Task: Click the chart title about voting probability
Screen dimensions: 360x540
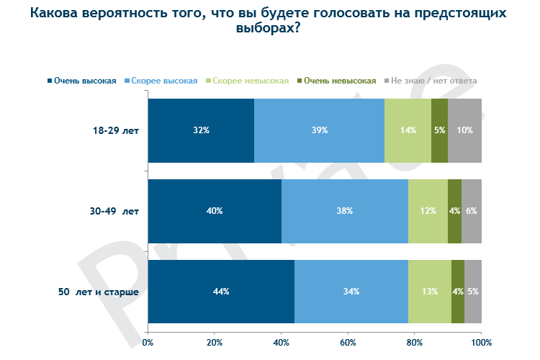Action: [x=270, y=21]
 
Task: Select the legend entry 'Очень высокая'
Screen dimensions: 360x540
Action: [x=82, y=81]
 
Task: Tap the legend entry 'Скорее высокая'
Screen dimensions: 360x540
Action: [x=162, y=81]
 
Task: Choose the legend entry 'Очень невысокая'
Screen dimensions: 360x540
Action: [x=335, y=81]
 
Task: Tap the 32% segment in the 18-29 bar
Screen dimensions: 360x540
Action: [x=201, y=130]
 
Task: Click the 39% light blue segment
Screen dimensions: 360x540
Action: [x=319, y=130]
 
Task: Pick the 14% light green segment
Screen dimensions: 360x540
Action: [x=408, y=130]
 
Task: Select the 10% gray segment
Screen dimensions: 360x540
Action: [x=464, y=130]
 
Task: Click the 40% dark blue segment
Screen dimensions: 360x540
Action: [x=215, y=211]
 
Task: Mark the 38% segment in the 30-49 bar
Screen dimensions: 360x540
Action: [x=344, y=211]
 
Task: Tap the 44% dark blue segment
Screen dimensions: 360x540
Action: [x=221, y=292]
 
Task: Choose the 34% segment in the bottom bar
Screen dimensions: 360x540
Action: [x=351, y=292]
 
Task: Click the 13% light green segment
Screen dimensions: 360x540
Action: [x=429, y=292]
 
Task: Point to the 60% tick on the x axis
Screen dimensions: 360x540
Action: [x=348, y=342]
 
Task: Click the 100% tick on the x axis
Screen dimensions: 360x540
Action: [x=481, y=342]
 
